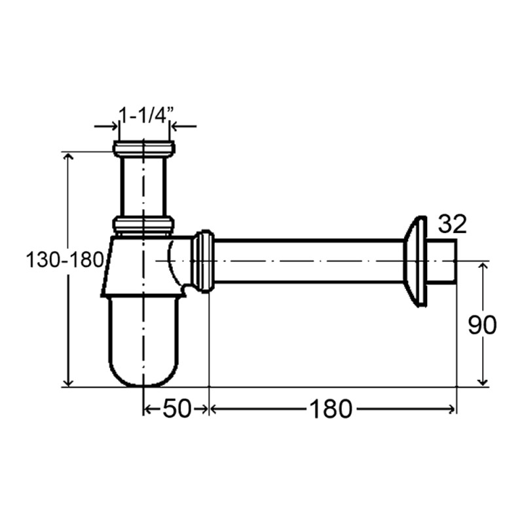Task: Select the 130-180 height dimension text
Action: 65,260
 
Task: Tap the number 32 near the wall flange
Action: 452,224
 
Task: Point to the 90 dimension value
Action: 482,325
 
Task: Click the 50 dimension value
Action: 177,409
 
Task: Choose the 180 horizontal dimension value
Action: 331,409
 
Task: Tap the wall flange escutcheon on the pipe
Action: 415,261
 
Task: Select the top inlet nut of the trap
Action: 143,149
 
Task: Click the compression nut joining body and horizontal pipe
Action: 203,261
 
